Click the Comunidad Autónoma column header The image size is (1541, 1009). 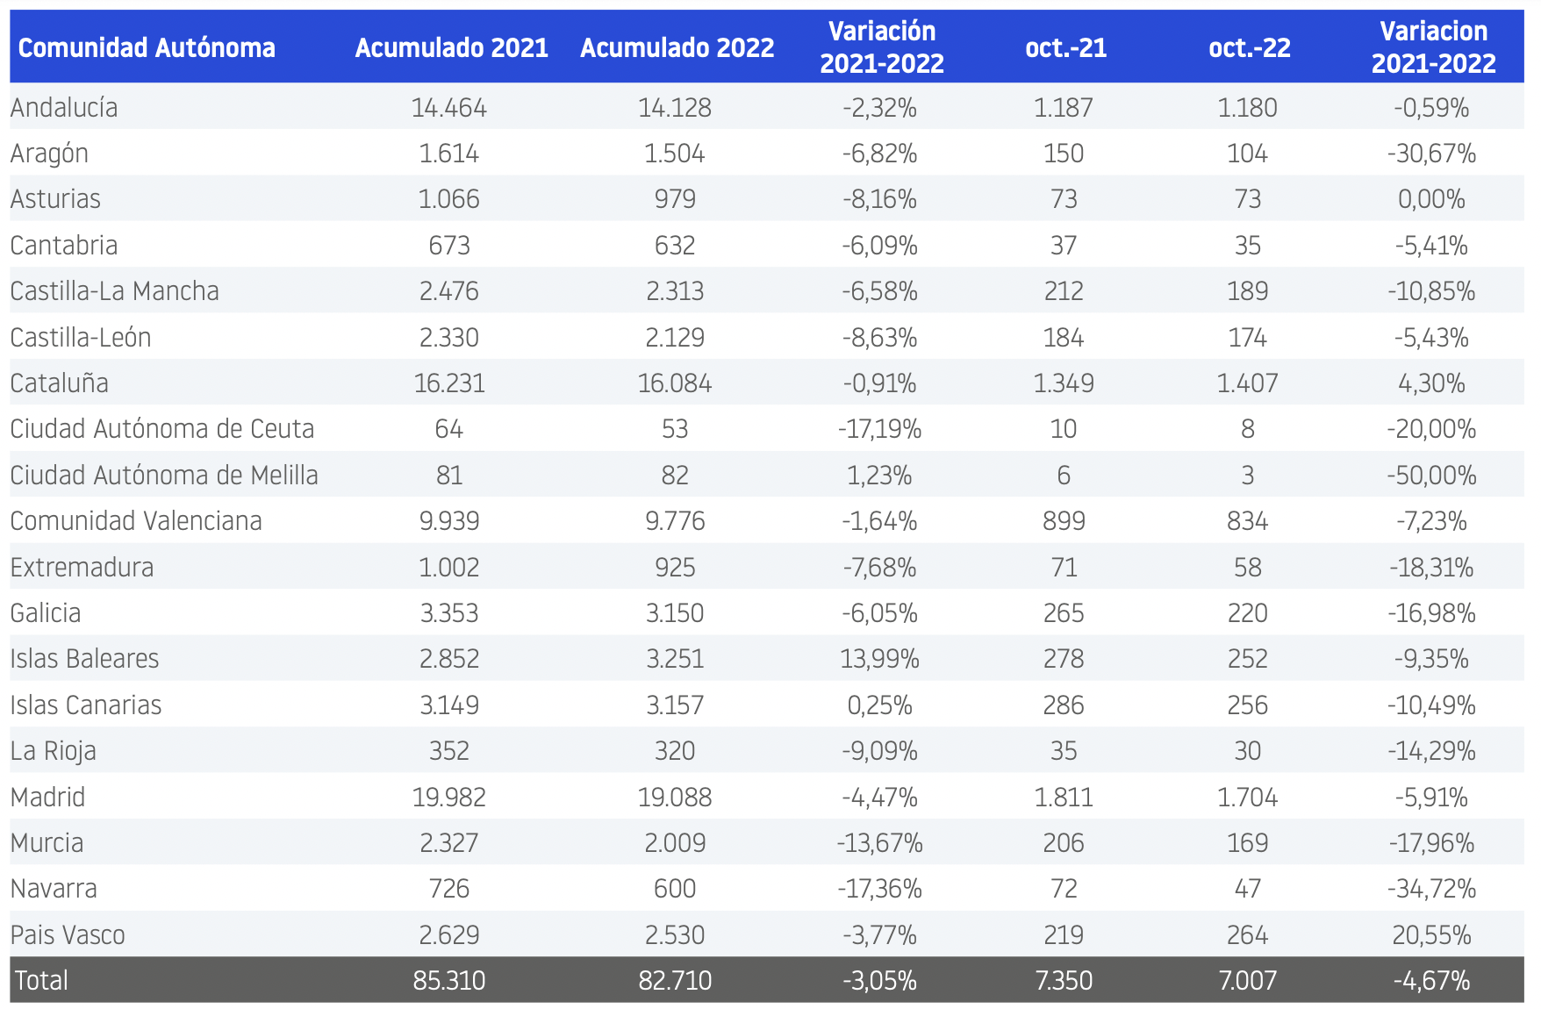coord(147,47)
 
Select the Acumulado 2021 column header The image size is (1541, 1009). coord(451,47)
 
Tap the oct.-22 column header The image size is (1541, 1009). coord(1249,47)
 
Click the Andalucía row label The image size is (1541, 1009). coord(64,108)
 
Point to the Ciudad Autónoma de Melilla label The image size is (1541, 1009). coord(164,476)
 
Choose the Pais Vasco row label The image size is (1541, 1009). coord(68,935)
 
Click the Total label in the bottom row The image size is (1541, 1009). coord(41,980)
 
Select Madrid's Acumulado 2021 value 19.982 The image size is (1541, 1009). coord(449,798)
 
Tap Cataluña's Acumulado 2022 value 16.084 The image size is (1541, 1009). coord(675,383)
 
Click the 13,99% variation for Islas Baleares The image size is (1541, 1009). coord(879,659)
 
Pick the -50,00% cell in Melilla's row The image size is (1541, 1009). coord(1431,476)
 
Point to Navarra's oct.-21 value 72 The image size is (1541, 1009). coord(1064,889)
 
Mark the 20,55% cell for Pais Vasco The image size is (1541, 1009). coord(1431,935)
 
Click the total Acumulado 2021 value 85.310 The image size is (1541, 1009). coord(449,980)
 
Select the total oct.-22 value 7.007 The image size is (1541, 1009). coord(1247,980)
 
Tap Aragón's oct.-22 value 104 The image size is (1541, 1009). coord(1247,154)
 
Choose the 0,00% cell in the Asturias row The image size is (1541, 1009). coord(1431,199)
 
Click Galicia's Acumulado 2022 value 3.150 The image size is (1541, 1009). coord(675,613)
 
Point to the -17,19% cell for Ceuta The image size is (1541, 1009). coord(879,429)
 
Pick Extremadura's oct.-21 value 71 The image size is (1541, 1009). coord(1064,568)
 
